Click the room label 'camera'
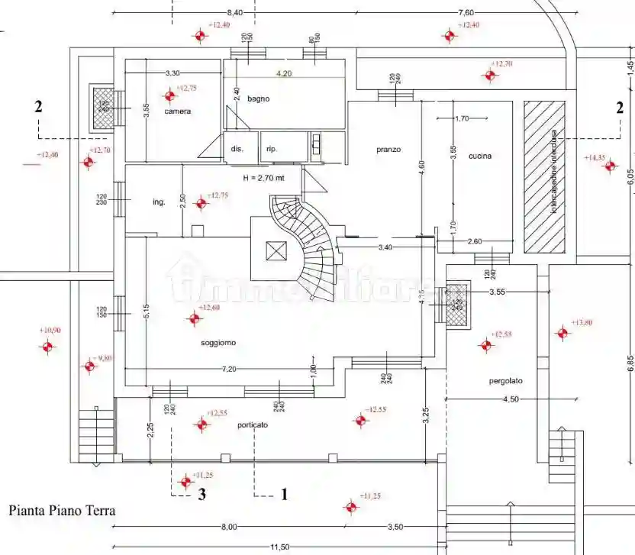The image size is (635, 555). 177,111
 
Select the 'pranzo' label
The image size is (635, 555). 388,150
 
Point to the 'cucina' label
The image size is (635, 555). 480,156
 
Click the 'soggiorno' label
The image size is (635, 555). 218,343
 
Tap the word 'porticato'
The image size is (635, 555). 252,425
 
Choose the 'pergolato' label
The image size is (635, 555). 508,380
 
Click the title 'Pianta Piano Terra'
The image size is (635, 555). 62,510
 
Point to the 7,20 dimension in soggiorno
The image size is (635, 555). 229,369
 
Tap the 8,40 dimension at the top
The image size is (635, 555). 235,12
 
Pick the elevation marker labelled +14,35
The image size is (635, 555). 609,166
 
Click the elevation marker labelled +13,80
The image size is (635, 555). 562,332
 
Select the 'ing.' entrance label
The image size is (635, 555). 159,202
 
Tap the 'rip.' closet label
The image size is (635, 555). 271,149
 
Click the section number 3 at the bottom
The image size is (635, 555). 201,494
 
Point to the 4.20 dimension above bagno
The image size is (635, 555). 283,73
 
